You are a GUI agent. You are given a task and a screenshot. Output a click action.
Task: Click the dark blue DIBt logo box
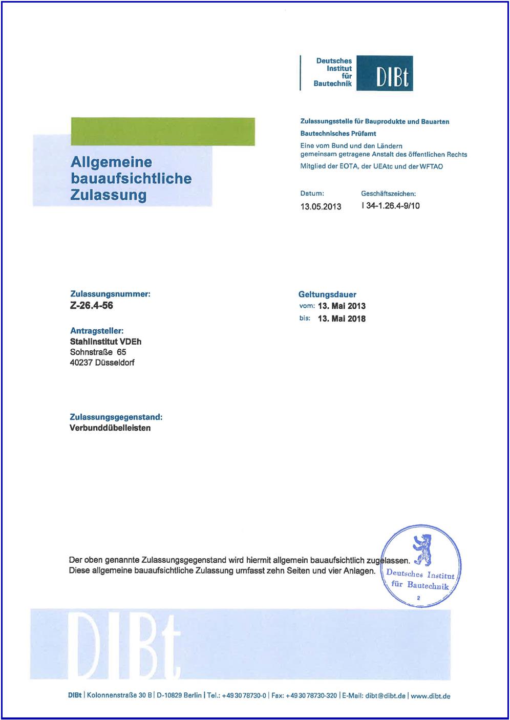384,73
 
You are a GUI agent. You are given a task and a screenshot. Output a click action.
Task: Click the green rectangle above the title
163,132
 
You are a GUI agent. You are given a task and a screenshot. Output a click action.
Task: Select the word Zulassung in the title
109,195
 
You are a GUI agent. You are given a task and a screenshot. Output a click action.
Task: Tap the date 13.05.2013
321,206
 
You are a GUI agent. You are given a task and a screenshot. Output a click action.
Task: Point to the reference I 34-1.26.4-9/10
390,206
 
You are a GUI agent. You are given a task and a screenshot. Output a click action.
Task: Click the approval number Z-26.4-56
92,306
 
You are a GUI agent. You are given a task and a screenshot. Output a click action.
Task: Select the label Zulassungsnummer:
110,294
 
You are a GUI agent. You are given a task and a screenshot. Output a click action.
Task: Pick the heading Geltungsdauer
327,294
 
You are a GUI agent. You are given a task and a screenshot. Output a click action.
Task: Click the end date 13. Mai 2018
342,319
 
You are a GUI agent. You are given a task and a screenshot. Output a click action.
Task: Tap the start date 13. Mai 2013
342,306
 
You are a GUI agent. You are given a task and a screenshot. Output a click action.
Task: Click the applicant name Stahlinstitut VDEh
105,342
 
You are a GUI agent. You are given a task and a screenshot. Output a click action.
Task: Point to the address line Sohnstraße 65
98,352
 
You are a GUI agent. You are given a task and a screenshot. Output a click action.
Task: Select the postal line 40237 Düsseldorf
102,363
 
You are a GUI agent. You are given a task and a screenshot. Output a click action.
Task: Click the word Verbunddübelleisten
110,428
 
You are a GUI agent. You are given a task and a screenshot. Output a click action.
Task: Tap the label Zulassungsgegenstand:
116,417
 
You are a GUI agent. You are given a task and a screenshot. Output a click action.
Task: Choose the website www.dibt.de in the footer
430,696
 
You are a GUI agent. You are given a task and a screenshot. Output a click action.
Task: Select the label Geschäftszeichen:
388,194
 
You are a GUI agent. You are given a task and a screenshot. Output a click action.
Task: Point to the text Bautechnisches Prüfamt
338,133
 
